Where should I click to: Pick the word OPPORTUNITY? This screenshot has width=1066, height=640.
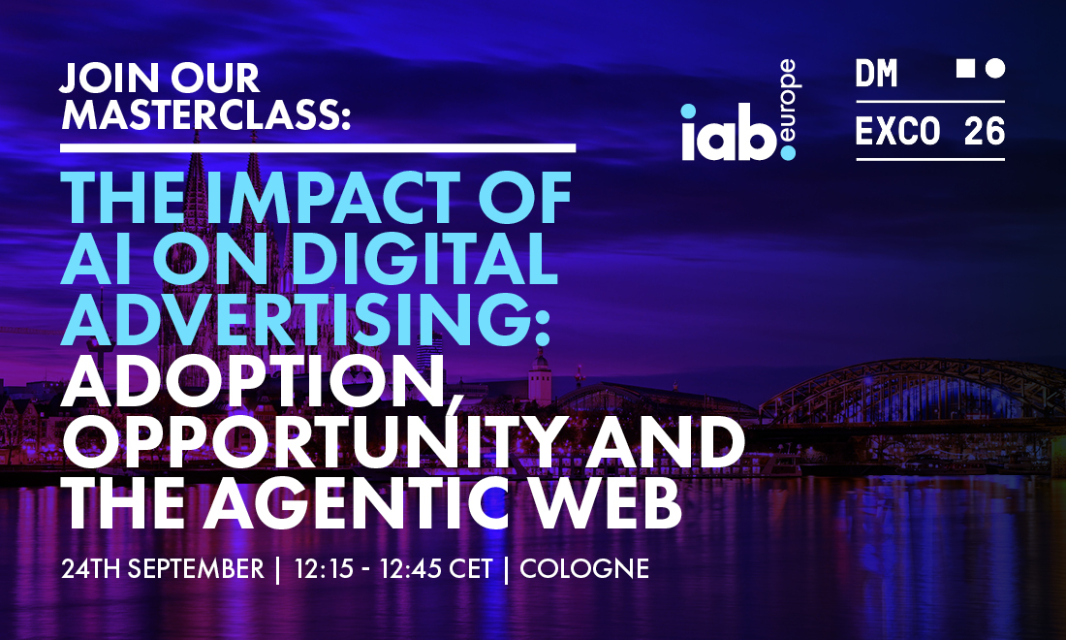[315, 443]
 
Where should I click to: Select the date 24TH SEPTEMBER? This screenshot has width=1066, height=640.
[163, 568]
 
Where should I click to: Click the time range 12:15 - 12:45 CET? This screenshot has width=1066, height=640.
[392, 568]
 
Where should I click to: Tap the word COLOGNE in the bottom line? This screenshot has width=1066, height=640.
[584, 568]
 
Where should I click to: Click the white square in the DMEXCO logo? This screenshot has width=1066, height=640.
[965, 68]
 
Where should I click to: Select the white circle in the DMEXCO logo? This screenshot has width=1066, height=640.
[995, 68]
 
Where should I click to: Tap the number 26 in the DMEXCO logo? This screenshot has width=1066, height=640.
[985, 131]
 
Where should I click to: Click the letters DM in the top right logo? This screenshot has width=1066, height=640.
[876, 73]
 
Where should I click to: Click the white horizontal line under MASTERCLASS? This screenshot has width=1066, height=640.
[318, 147]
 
